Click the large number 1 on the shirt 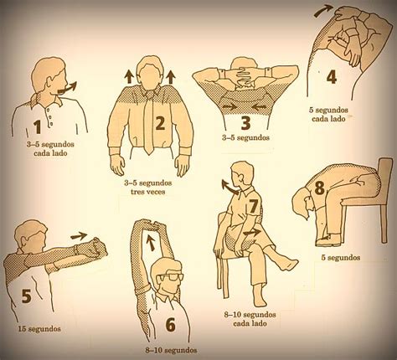tap(38, 126)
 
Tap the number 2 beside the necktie tap(160, 123)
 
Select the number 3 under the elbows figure tap(245, 123)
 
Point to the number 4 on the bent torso tap(332, 76)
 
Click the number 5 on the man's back tap(27, 296)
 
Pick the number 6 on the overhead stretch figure tap(170, 325)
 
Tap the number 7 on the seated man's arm tap(253, 207)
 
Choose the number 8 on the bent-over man tap(320, 188)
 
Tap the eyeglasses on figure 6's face tap(171, 278)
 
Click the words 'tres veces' tap(148, 192)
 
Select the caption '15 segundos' tap(39, 329)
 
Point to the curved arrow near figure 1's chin tap(67, 88)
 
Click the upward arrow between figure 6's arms tap(151, 242)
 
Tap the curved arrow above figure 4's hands tap(323, 12)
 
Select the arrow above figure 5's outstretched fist tap(79, 236)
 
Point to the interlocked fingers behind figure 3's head tap(245, 75)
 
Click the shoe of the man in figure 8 tap(328, 239)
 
